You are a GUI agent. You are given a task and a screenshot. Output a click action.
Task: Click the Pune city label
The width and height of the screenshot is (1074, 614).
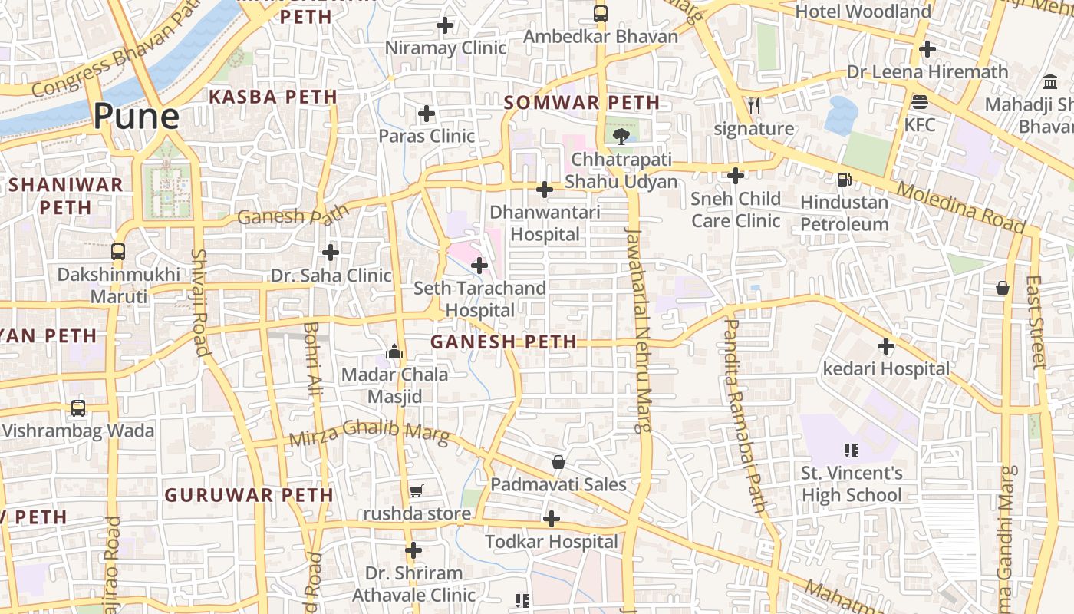(137, 117)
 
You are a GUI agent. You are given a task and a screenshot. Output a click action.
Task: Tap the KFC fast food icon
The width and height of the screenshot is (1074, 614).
(919, 102)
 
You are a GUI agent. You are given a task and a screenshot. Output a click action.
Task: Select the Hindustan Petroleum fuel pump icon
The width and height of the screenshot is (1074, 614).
(844, 179)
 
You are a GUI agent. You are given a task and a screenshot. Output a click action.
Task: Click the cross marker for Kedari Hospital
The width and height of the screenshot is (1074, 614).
(886, 346)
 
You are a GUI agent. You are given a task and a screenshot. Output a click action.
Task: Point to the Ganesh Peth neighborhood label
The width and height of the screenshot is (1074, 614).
(503, 342)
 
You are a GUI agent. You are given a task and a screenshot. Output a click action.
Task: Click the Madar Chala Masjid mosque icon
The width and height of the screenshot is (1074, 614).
(394, 352)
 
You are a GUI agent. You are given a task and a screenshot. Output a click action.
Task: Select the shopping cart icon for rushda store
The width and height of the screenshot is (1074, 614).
(416, 490)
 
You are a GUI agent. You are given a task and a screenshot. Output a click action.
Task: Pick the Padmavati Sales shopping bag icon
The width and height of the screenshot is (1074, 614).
(558, 462)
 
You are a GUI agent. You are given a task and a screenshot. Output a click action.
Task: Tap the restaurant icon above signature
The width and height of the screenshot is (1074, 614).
(754, 106)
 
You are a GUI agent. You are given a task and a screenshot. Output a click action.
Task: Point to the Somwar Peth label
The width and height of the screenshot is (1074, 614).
(581, 103)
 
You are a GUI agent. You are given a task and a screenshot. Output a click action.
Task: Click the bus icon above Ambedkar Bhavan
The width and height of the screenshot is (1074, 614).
(601, 14)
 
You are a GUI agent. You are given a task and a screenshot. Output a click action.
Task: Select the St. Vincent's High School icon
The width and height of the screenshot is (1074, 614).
(851, 450)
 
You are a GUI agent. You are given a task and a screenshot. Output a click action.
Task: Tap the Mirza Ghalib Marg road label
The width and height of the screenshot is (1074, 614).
(369, 433)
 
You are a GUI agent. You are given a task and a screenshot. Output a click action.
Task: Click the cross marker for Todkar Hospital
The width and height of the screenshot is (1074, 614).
(551, 520)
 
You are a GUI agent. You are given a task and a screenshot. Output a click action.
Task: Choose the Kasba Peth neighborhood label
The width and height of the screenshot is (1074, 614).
(273, 97)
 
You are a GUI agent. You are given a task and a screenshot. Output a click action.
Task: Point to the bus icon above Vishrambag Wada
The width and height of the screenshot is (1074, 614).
(78, 408)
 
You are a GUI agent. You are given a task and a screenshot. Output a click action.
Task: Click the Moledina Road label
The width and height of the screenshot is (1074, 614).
(960, 208)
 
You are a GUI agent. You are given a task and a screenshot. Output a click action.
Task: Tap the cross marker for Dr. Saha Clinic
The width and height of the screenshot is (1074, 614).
(331, 253)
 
